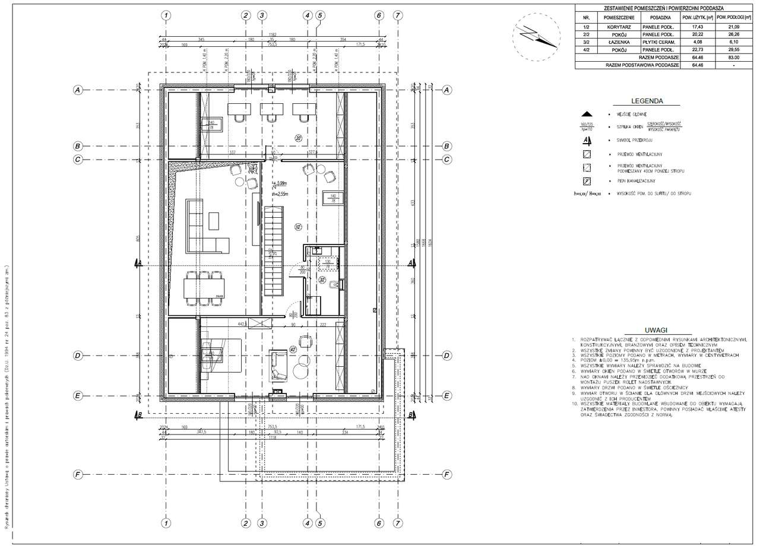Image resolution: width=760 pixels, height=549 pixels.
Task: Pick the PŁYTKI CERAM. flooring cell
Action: click(657, 43)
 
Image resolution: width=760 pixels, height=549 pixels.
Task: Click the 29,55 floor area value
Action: click(734, 51)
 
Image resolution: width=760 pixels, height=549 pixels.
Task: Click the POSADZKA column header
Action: click(657, 18)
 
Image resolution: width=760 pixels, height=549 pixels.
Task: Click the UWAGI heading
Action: click(655, 330)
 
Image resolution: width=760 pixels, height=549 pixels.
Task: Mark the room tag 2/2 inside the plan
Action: click(299, 138)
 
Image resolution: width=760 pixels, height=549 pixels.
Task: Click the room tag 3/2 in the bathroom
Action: click(322, 279)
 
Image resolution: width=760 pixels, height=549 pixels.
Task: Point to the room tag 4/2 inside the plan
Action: click(293, 349)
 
